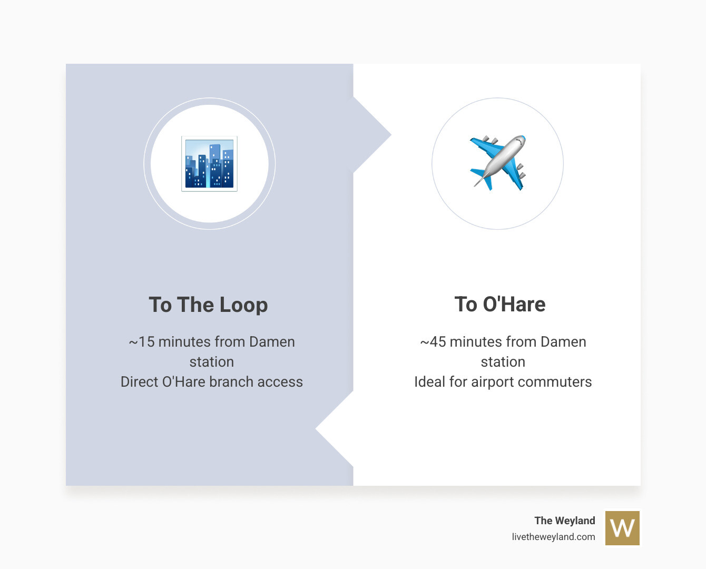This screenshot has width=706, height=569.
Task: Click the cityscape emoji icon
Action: (x=209, y=163)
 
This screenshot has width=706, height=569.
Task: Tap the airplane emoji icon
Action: (x=498, y=163)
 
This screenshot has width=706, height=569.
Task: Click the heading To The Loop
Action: (x=208, y=305)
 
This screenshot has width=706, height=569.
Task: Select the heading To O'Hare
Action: (x=500, y=304)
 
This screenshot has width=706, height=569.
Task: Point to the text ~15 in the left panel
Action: (x=142, y=342)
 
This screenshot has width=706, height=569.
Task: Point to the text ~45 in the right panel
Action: (x=433, y=342)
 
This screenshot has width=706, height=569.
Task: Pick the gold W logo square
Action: (x=622, y=528)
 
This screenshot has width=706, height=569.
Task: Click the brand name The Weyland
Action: (x=565, y=521)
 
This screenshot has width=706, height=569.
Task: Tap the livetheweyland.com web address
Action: (x=553, y=537)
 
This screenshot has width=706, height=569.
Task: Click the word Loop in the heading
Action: (x=244, y=305)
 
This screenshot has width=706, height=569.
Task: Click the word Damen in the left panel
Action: (x=272, y=342)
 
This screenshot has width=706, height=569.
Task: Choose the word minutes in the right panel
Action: (x=474, y=342)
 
